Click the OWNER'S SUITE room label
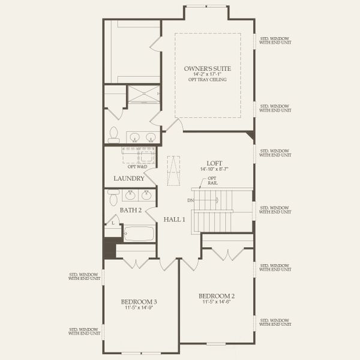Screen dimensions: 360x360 point(208,69)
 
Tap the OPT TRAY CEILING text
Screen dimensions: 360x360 point(208,80)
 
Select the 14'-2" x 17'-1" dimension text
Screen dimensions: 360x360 point(208,74)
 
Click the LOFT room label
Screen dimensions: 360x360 point(215,163)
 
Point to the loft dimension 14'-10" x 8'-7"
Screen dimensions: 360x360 point(215,169)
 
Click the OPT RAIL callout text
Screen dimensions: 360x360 point(212,181)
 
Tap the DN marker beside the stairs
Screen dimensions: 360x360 point(190,200)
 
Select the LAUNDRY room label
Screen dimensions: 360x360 point(128,179)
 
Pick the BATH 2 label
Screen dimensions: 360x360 point(130,210)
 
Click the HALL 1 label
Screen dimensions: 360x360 point(175,220)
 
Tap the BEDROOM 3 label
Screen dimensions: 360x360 point(139,301)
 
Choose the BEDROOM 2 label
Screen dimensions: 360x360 point(216,296)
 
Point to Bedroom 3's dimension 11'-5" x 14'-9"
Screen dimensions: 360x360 point(139,308)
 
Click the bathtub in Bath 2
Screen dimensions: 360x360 point(139,233)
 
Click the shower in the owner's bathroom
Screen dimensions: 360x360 point(143,95)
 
